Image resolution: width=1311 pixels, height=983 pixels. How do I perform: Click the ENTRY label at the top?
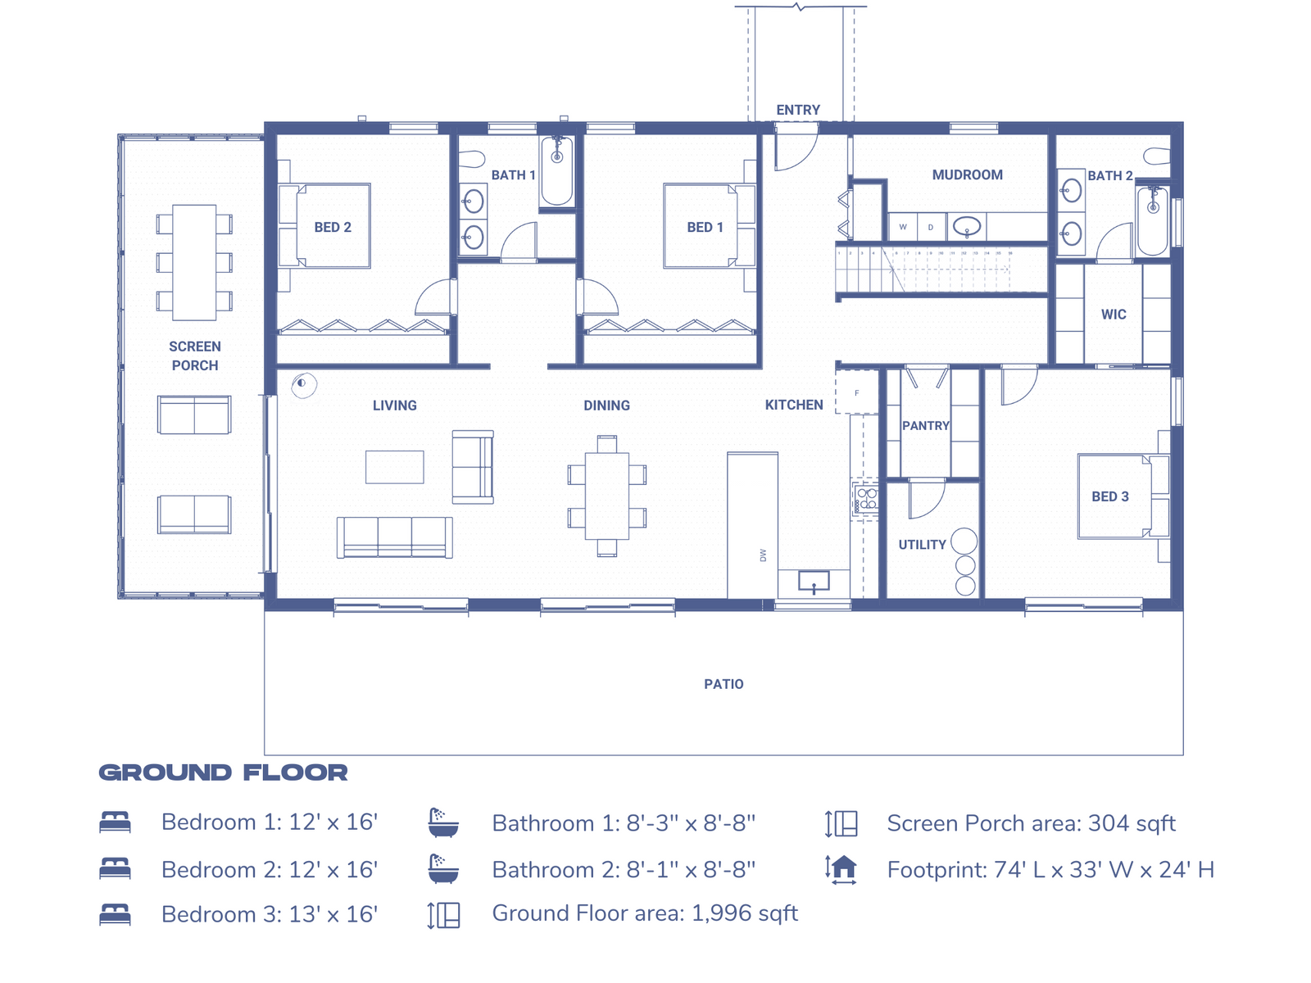[797, 110]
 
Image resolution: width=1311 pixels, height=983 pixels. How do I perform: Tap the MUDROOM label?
[967, 174]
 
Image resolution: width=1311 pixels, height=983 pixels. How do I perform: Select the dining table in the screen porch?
[194, 262]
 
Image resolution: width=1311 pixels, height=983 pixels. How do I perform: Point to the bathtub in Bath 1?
[557, 170]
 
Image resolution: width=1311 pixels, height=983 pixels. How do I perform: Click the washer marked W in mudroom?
[903, 227]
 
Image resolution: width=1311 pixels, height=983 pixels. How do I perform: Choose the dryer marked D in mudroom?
[931, 227]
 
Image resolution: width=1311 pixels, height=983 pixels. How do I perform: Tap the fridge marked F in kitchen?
[856, 393]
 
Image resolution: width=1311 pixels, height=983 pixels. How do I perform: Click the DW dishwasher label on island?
[763, 555]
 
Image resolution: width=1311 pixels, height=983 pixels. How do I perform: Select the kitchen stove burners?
[866, 499]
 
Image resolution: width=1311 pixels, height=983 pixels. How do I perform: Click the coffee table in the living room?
[394, 467]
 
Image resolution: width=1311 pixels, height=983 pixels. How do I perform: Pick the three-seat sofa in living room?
[394, 537]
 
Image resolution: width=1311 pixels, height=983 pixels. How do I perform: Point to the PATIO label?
[724, 684]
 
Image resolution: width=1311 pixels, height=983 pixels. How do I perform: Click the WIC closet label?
[1113, 314]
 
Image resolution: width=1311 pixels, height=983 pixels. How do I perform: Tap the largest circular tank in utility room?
[964, 541]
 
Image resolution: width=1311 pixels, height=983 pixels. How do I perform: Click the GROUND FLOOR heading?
[223, 772]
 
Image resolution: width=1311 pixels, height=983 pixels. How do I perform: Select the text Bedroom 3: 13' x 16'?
[269, 914]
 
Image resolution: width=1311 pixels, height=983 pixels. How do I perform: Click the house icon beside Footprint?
[841, 868]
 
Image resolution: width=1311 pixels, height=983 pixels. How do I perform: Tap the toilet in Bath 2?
[1157, 156]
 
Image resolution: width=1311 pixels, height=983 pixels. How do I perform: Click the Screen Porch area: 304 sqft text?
[1031, 823]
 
